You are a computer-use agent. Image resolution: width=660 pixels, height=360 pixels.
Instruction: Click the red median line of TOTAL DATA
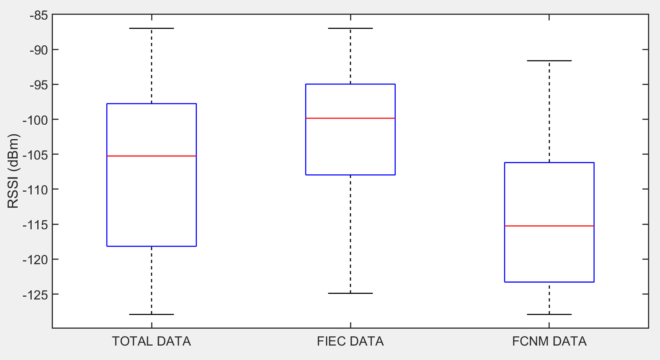point(152,156)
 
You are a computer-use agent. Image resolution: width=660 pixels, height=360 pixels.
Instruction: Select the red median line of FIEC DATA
point(350,118)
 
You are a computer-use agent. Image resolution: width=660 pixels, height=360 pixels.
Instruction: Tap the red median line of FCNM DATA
point(549,226)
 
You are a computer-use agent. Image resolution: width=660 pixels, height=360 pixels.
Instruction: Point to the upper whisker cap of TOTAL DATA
point(152,28)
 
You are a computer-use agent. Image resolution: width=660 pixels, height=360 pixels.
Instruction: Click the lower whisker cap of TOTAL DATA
point(152,314)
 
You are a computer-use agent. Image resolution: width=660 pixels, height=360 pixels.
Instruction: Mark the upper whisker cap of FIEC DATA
point(350,28)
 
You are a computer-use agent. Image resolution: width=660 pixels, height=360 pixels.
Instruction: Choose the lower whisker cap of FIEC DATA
point(350,293)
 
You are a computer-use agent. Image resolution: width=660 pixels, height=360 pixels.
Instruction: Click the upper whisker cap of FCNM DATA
point(549,61)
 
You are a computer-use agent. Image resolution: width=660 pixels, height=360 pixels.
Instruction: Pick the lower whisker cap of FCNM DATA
point(549,314)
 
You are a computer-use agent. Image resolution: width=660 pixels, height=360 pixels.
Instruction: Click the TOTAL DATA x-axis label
point(152,342)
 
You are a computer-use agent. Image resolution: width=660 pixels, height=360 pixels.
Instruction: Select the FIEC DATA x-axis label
point(350,342)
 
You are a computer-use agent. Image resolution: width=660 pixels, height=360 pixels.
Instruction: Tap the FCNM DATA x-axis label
point(549,342)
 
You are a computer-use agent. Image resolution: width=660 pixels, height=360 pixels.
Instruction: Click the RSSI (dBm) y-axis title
point(14,171)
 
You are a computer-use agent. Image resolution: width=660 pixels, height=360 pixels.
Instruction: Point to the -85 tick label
point(39,16)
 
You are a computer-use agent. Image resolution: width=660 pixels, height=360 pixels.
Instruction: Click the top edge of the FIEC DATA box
point(350,84)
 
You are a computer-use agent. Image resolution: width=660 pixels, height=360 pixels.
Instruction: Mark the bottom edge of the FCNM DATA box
point(549,282)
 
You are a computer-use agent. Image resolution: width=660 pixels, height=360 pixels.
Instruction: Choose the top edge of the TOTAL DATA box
point(152,104)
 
